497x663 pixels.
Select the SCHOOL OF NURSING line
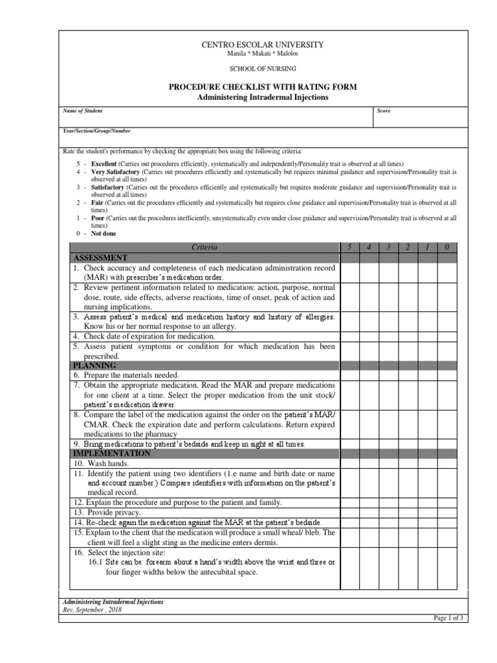(x=263, y=69)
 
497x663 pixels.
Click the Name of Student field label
(x=82, y=111)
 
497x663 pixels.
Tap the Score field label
(x=384, y=111)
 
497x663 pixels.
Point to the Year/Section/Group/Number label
(x=96, y=131)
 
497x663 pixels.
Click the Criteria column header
(x=204, y=247)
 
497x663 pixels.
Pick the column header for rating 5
(x=350, y=247)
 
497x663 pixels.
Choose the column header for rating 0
(x=447, y=247)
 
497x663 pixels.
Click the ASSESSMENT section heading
(x=100, y=257)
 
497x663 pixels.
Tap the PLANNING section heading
(x=94, y=366)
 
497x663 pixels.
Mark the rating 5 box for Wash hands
(x=350, y=464)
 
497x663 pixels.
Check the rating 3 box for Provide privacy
(x=388, y=512)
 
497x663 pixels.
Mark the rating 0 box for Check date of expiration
(x=447, y=336)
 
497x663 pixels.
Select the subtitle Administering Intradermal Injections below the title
(x=263, y=97)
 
